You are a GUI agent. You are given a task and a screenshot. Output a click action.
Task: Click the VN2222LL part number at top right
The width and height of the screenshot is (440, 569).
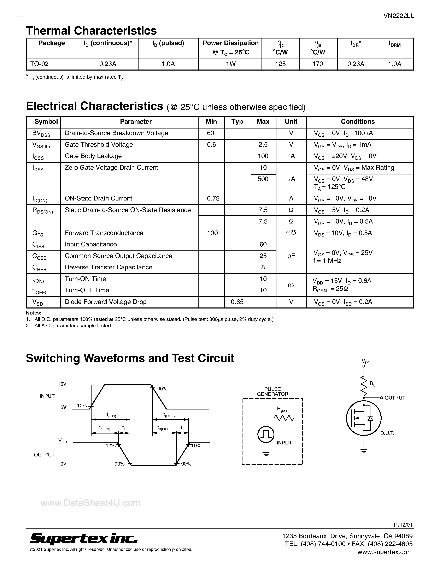tap(399, 16)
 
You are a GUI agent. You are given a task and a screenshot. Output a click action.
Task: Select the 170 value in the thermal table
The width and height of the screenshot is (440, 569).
tap(318, 64)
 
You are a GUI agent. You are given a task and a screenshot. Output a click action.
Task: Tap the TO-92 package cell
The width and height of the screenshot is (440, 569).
tap(39, 64)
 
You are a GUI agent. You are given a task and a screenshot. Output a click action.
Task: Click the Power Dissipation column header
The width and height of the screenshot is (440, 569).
tap(230, 47)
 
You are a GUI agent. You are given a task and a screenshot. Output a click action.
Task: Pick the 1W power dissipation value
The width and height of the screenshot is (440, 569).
tap(230, 64)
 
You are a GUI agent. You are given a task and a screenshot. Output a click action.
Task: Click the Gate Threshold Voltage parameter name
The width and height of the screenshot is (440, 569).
tap(99, 145)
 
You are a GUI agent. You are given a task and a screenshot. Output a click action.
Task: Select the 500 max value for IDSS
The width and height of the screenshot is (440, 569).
tap(263, 179)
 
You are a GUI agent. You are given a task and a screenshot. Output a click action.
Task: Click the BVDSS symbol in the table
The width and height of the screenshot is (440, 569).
tap(41, 133)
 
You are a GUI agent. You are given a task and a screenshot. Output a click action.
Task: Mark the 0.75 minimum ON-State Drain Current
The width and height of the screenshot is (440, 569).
tap(213, 198)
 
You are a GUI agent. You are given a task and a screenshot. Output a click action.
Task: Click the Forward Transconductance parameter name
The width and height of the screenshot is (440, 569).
tap(104, 233)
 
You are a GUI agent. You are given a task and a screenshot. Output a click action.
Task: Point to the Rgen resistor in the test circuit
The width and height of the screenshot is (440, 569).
tap(284, 418)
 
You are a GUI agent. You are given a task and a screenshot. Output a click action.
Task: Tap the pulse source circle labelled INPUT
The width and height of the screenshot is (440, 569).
tap(266, 434)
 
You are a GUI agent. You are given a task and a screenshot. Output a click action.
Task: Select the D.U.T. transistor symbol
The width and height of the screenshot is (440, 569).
tap(364, 418)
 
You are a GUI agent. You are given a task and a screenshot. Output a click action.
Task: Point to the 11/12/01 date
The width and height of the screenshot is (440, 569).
tap(403, 525)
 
